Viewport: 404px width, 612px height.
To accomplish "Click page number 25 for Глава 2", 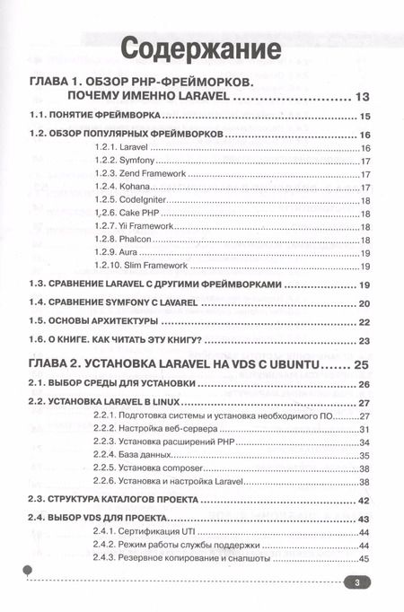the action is tap(362, 364).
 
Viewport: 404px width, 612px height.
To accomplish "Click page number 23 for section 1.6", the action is tap(364, 341).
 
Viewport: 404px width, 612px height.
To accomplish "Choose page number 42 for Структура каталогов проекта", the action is tap(364, 500).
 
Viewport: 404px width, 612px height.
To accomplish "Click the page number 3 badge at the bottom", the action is tap(356, 581).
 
